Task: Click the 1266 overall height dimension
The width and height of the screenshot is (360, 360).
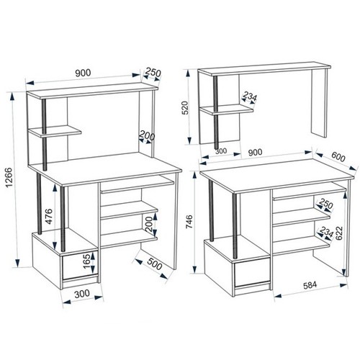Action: [x=9, y=178]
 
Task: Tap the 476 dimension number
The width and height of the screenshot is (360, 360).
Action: [x=49, y=216]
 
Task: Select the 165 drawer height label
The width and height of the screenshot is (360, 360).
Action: [x=87, y=261]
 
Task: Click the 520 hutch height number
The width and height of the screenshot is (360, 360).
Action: [x=186, y=107]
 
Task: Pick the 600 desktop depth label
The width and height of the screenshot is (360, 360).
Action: [x=338, y=157]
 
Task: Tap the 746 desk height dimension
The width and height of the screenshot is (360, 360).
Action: [x=189, y=222]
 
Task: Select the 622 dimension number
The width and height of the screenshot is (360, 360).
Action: [x=338, y=233]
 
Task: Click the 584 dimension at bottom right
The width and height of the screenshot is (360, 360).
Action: [x=310, y=285]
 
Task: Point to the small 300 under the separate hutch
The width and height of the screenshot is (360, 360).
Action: [x=221, y=151]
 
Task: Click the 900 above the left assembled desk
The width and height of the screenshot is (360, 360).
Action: [x=83, y=73]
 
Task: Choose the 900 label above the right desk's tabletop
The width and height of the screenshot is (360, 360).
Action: [x=255, y=152]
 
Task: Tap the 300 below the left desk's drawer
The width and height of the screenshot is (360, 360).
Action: [x=82, y=294]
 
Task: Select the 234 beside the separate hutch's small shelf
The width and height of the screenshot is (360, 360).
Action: [x=250, y=96]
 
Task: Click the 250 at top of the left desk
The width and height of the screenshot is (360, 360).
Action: [x=153, y=72]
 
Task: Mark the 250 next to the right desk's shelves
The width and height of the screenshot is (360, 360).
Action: [x=325, y=204]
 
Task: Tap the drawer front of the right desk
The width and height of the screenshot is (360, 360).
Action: [x=252, y=273]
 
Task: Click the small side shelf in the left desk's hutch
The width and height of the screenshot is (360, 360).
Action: [x=55, y=131]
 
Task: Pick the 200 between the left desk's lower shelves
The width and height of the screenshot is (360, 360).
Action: [x=149, y=225]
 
